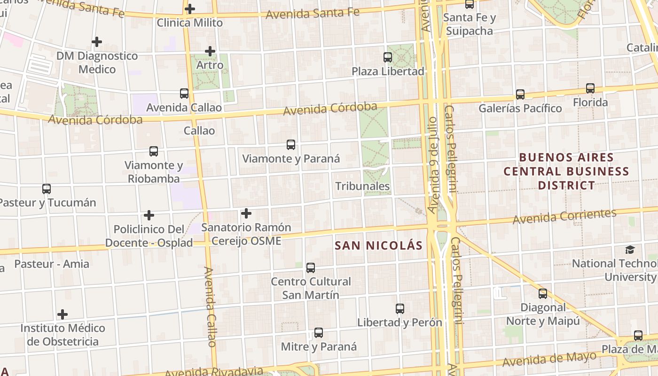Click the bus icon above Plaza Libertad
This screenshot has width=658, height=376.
tap(388, 57)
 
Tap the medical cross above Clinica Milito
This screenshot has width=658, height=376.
tap(190, 8)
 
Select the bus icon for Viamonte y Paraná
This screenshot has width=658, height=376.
tap(291, 145)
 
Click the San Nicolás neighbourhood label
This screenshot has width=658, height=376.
tap(379, 245)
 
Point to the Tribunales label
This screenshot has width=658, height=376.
tap(362, 186)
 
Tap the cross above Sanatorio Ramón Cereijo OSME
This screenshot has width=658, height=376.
tap(246, 214)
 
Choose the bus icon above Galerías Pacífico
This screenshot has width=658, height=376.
tap(520, 94)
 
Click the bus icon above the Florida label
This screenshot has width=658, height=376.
tap(590, 88)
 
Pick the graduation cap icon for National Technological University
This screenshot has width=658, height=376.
tap(630, 250)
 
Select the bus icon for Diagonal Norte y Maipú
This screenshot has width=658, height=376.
tap(543, 294)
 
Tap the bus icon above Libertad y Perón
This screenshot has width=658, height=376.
tap(400, 309)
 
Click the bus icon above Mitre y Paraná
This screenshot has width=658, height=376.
tap(319, 333)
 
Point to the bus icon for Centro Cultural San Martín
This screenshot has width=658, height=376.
tap(311, 268)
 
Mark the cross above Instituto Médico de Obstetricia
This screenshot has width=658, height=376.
tap(63, 314)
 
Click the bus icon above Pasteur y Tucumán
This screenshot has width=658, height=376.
tap(47, 189)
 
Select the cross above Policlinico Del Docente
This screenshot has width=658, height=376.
tap(149, 215)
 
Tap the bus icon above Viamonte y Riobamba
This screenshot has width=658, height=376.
tap(154, 151)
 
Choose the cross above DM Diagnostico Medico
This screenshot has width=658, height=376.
tap(97, 42)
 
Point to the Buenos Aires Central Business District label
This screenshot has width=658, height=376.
tap(566, 171)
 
